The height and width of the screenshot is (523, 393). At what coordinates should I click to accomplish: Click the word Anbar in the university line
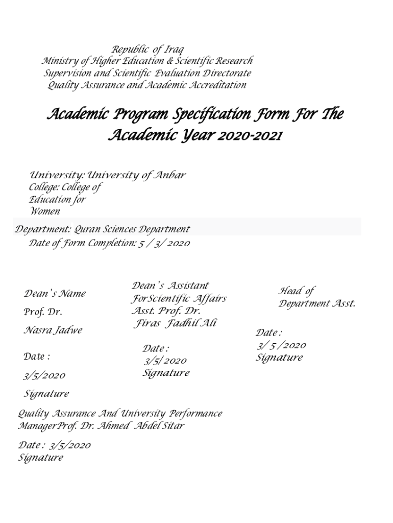(x=170, y=175)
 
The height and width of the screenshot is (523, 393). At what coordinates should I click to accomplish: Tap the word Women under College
(x=44, y=211)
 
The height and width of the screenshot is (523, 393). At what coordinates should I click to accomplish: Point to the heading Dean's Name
(x=55, y=294)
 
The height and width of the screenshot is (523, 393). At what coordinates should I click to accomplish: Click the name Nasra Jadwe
(x=53, y=330)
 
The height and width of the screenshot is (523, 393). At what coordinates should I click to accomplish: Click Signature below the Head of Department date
(x=279, y=358)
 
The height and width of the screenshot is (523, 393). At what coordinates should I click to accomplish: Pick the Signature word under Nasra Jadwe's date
(x=46, y=394)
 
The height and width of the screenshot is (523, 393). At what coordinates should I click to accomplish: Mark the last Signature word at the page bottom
(x=41, y=458)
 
